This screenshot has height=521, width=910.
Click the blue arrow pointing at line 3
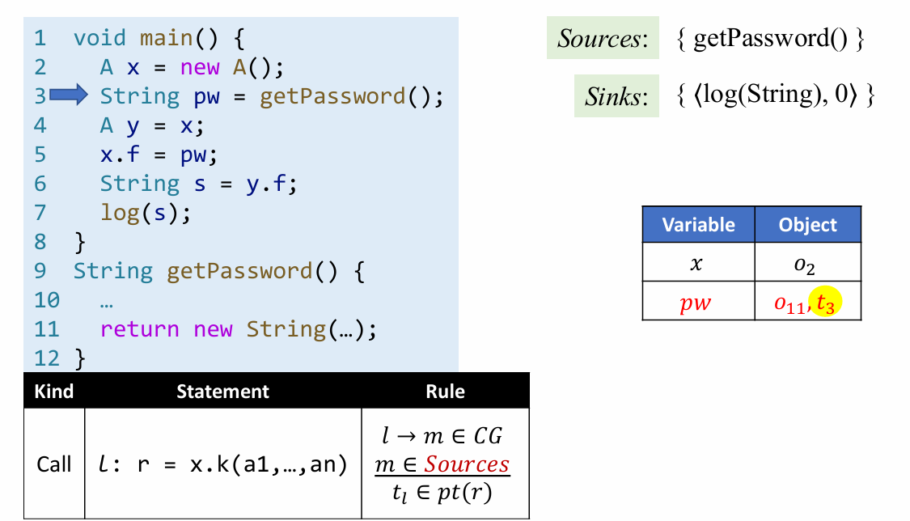(68, 96)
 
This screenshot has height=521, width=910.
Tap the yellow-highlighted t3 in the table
(824, 303)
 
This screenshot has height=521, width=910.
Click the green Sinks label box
(616, 96)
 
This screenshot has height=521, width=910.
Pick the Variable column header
(698, 225)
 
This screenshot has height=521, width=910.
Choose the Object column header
(807, 225)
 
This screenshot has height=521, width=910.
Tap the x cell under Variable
(697, 264)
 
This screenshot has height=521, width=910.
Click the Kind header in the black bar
(53, 392)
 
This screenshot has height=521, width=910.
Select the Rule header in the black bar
(445, 392)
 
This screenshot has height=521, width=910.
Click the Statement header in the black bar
(222, 392)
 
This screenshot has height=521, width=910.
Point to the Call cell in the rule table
(54, 464)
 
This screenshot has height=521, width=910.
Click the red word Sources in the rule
(468, 464)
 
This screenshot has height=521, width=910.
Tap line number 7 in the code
(40, 213)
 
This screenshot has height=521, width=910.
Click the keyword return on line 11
(139, 329)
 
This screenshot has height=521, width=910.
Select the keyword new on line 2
(200, 67)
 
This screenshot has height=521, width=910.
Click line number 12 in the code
(47, 357)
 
